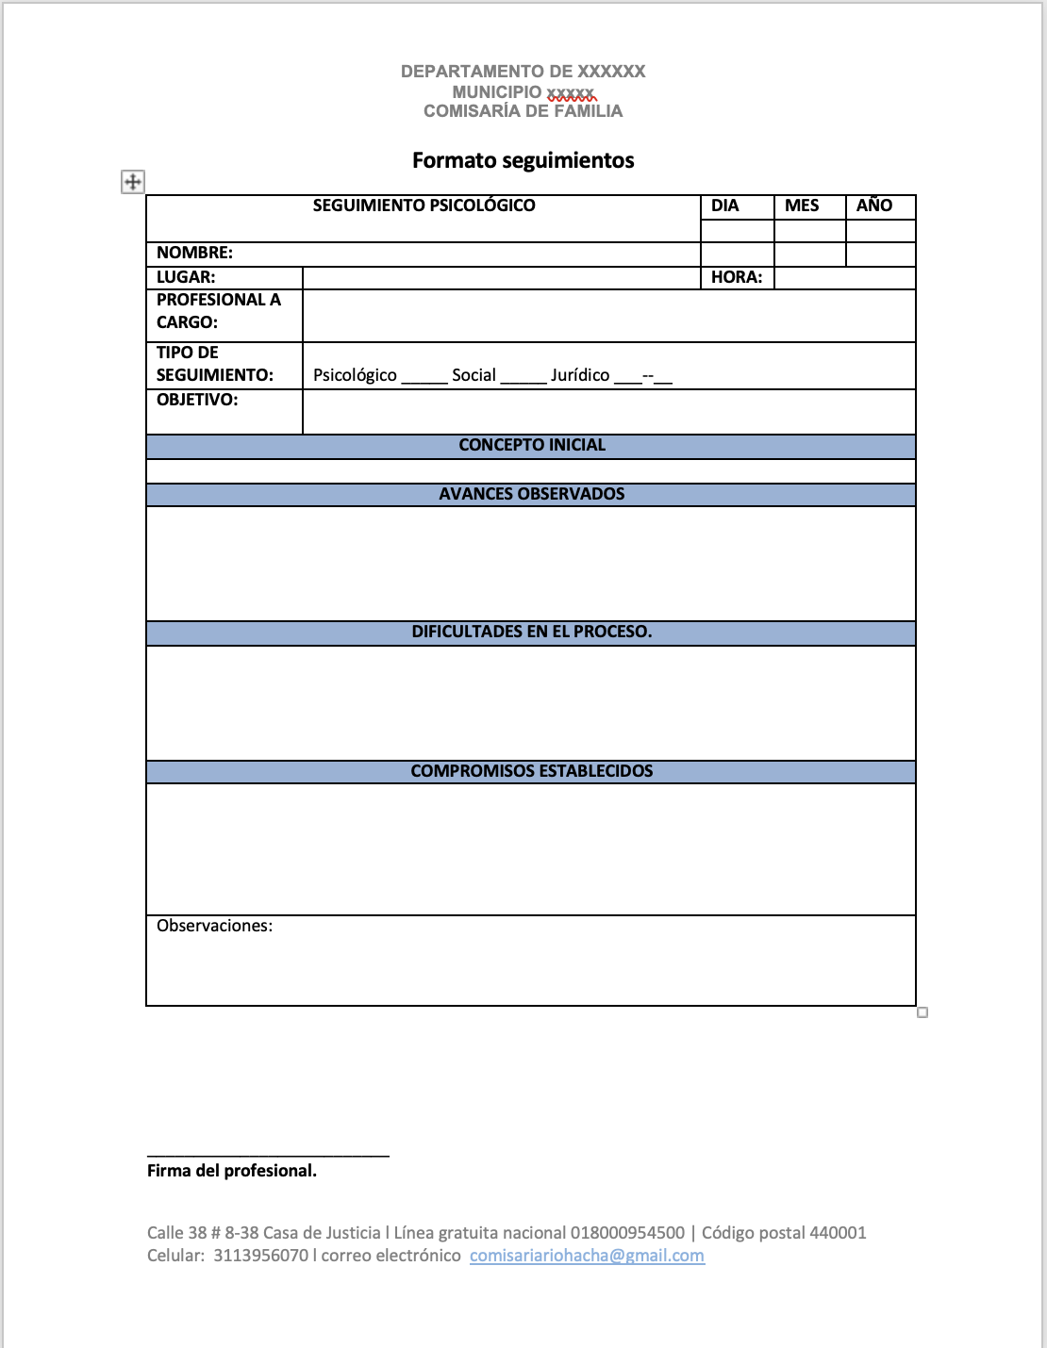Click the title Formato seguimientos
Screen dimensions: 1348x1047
point(523,160)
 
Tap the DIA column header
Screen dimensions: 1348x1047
point(724,205)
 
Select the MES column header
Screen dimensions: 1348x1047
point(802,205)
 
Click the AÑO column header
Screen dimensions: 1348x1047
point(874,205)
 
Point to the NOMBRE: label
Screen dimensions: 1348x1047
point(194,253)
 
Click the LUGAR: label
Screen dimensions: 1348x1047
point(186,277)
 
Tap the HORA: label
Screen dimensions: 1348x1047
point(737,277)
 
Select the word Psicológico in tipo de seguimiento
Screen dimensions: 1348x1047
point(355,375)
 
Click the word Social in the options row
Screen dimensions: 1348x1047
point(474,375)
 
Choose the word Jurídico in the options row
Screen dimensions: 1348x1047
point(580,375)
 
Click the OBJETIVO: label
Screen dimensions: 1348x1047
point(197,400)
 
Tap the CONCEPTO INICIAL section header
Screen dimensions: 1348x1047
point(532,445)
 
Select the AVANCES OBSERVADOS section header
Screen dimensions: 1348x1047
point(532,494)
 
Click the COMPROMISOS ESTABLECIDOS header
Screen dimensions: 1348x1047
point(532,771)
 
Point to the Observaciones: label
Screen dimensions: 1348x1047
point(214,926)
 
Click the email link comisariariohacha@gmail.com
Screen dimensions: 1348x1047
point(587,1256)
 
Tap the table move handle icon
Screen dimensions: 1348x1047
point(133,182)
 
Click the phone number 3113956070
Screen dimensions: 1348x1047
point(260,1256)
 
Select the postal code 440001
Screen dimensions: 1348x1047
point(838,1233)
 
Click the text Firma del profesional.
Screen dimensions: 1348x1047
point(232,1171)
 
